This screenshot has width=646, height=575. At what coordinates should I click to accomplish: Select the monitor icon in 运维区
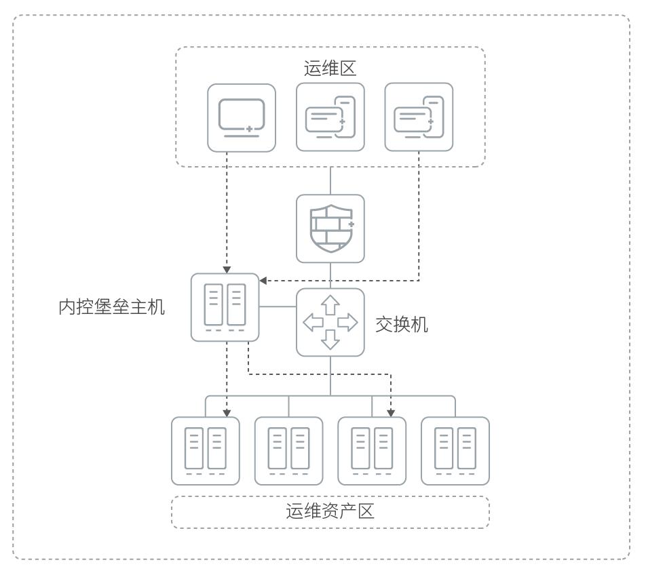click(x=242, y=117)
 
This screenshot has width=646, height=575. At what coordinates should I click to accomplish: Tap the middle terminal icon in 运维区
click(x=330, y=117)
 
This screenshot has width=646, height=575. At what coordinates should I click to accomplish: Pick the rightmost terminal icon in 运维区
click(x=419, y=117)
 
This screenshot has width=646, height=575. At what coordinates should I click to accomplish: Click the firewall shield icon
click(x=330, y=229)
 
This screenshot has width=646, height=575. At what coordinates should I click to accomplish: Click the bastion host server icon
click(x=225, y=307)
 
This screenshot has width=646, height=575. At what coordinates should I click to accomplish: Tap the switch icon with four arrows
click(x=330, y=323)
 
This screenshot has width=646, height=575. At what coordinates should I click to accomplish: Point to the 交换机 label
click(x=402, y=324)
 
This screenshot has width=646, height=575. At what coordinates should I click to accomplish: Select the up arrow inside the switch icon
click(x=330, y=304)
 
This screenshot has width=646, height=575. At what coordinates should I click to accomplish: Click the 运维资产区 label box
click(x=330, y=512)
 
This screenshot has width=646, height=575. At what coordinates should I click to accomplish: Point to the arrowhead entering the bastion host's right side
click(x=265, y=279)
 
